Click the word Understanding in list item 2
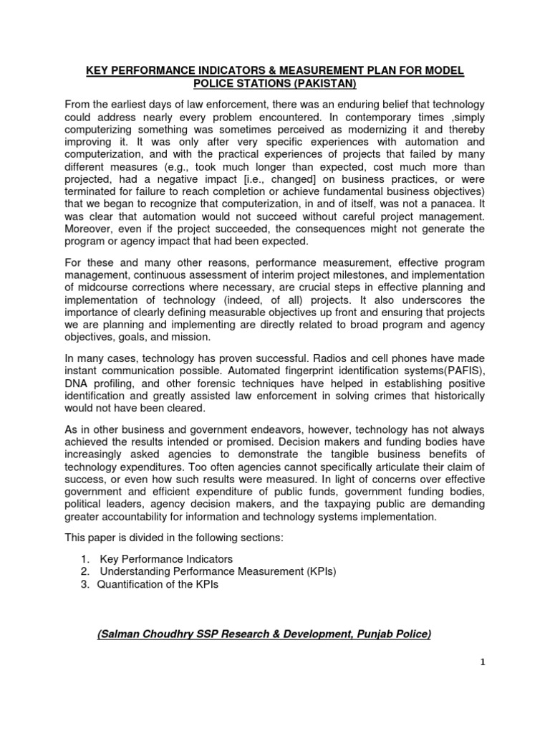pos(136,571)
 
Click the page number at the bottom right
pos(483,682)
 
